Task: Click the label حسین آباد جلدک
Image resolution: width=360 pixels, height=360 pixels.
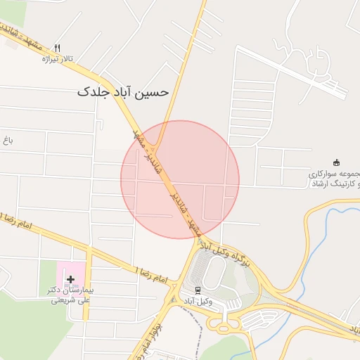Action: click(x=123, y=92)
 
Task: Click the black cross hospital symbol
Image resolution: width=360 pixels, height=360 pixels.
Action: click(x=71, y=279)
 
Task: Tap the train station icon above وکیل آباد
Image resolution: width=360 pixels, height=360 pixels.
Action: click(x=198, y=289)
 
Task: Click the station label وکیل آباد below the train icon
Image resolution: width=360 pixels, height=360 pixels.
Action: click(x=198, y=301)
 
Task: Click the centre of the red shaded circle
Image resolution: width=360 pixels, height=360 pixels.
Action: click(x=180, y=179)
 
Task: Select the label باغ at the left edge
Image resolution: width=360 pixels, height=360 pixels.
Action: click(x=8, y=141)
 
